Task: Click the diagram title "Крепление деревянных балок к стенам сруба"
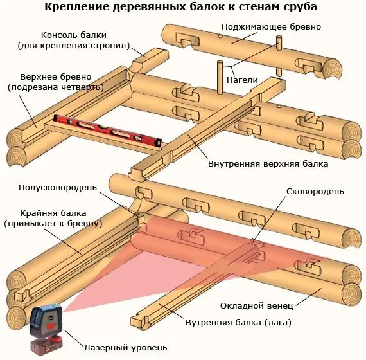click(180, 7)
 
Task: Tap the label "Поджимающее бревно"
click(271, 27)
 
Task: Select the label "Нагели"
click(242, 80)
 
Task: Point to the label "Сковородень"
click(315, 192)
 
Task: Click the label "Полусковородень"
click(58, 188)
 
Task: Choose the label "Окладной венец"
click(257, 305)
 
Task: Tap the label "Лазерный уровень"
click(126, 348)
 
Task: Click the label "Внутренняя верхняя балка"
click(268, 164)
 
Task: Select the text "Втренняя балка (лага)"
click(238, 323)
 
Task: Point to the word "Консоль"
click(59, 35)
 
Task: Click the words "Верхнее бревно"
click(56, 77)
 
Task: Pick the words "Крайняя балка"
click(53, 213)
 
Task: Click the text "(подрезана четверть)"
click(56, 87)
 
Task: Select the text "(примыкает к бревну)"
click(53, 224)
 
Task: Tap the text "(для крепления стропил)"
click(74, 46)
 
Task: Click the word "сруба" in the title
click(301, 7)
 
